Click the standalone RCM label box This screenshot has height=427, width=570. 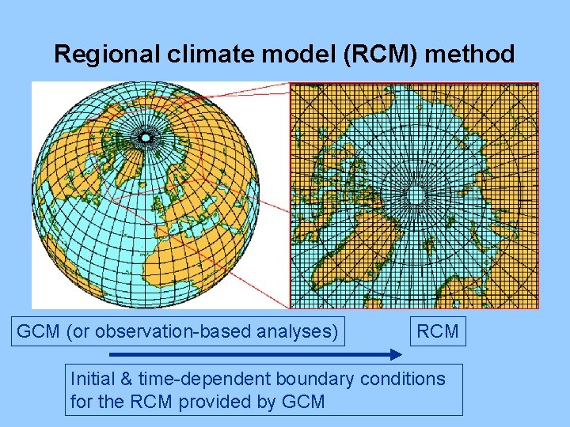coord(438,331)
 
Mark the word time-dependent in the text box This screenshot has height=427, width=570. coord(188,379)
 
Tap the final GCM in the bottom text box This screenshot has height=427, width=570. coord(303,401)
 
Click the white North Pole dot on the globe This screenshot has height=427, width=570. coord(145,138)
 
